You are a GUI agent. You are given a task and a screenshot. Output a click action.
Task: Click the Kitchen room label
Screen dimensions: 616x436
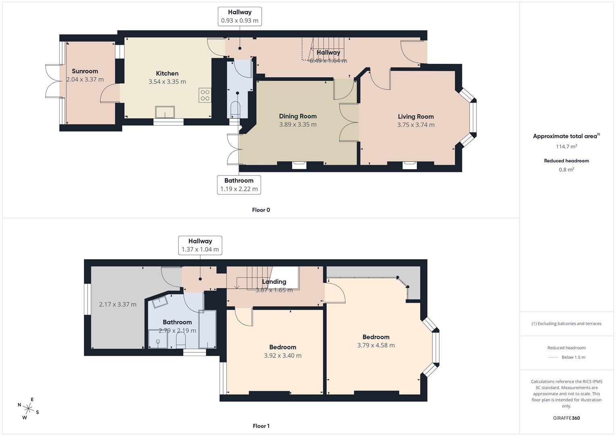[x=167, y=73]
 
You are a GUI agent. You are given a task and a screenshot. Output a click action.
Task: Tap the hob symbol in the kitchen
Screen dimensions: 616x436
[x=205, y=95]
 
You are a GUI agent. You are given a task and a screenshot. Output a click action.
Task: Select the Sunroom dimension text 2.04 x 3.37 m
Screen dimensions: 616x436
[x=85, y=80]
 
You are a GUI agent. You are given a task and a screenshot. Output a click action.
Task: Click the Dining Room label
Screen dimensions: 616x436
[x=298, y=116]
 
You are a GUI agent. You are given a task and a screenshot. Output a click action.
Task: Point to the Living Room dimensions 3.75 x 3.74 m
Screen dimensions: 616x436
[x=416, y=125]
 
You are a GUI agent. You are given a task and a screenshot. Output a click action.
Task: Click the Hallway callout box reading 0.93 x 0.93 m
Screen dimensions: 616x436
[x=240, y=17]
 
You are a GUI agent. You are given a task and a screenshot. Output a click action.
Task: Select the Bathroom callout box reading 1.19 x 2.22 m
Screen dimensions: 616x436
[x=239, y=185]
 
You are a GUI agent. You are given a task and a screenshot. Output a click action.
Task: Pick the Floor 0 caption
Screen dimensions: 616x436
[x=261, y=210]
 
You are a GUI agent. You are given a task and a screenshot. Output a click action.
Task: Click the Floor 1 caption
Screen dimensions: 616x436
[x=261, y=426]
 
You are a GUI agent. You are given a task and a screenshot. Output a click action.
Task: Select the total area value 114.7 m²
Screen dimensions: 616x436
[x=566, y=147]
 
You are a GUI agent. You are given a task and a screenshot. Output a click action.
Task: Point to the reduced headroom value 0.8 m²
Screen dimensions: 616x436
[x=566, y=170]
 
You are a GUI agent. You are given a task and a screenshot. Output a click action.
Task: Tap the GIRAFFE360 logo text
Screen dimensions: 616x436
[x=566, y=418]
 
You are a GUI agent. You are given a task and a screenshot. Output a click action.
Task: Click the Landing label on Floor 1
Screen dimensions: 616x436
[x=274, y=282]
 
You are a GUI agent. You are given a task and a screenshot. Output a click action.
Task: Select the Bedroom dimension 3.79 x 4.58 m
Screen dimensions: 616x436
[x=376, y=345]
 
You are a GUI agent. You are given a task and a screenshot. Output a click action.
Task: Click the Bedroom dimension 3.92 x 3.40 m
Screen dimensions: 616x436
[x=282, y=356]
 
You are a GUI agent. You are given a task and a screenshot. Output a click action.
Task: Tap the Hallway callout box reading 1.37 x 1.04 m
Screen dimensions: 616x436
[x=200, y=245]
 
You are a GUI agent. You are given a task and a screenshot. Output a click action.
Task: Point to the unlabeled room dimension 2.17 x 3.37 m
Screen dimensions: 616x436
[x=117, y=304]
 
